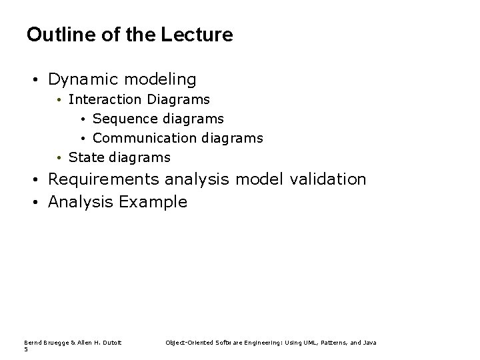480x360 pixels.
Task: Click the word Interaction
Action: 105,100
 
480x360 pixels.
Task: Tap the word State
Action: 86,158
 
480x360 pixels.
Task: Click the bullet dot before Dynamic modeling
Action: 33,81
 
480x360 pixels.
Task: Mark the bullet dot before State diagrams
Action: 59,159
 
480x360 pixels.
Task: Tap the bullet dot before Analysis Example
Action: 33,203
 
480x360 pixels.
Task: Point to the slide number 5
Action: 25,349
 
